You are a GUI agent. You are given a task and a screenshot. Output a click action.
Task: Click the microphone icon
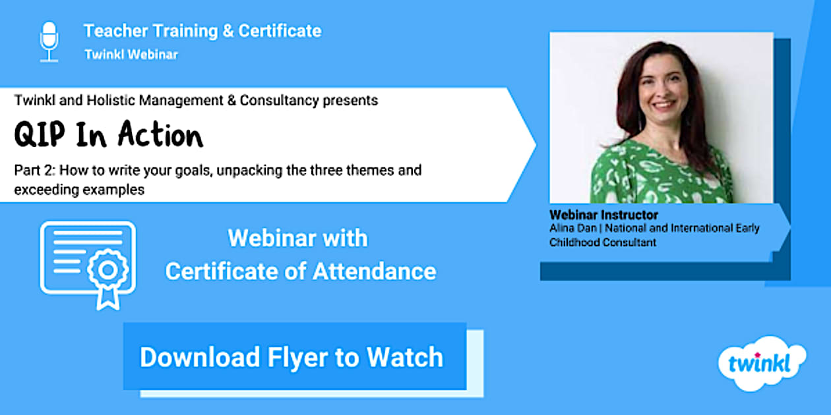49,41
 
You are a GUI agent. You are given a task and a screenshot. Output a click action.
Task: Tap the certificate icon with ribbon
88,265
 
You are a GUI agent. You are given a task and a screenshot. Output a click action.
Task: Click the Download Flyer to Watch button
295,356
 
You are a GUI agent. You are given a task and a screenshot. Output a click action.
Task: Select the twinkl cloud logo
762,364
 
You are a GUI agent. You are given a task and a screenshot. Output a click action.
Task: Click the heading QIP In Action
108,134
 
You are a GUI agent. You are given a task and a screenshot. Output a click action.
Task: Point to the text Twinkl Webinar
131,55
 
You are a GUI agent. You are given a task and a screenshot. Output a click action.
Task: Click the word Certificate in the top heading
280,31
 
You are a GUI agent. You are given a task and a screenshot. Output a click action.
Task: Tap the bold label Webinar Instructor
603,215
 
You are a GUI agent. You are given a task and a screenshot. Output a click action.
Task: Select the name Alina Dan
572,228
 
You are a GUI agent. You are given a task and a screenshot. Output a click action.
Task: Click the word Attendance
375,271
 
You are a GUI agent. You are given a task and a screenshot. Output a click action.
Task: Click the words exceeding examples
79,190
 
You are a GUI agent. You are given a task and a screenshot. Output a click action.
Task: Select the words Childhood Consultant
603,242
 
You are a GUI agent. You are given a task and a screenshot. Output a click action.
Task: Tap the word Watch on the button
405,357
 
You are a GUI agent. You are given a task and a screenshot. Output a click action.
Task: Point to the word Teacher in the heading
116,31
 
